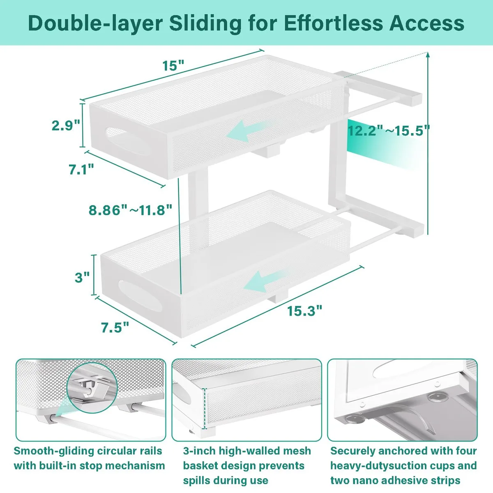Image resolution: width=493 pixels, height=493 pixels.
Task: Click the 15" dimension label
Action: pos(173,65)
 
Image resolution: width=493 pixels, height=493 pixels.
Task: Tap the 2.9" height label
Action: pos(66,125)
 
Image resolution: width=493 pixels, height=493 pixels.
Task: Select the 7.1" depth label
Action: pos(81,169)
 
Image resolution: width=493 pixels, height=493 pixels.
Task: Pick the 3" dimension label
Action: pos(82,278)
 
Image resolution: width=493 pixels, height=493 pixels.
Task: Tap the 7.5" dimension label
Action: pos(115,327)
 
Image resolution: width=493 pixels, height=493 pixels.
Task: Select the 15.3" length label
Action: pos(304,311)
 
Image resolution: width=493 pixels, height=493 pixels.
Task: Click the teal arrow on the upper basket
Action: pos(247,131)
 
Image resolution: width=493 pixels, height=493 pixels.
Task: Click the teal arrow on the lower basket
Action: pos(265,281)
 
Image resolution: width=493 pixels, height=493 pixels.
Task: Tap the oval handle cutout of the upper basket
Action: pos(128,141)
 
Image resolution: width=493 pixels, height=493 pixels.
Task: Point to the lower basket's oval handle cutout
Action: pos(140,296)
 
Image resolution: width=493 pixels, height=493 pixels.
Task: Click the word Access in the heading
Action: pos(427,23)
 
